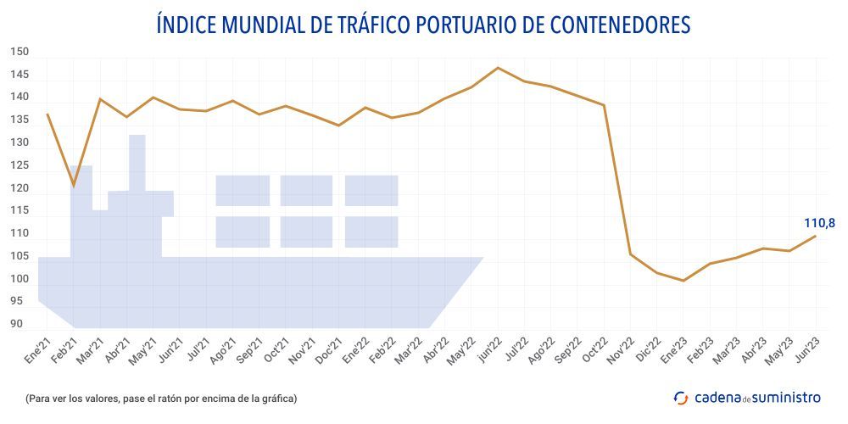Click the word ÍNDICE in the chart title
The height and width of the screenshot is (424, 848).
coord(187,25)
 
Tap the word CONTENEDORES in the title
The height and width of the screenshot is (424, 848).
coord(622,25)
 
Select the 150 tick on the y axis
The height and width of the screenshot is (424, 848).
coord(20,53)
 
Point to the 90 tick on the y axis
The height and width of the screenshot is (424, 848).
coord(17,324)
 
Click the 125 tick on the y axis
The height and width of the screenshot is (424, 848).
coord(20,165)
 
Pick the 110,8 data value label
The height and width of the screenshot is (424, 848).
coord(819,223)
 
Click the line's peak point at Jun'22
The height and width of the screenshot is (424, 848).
coord(498,68)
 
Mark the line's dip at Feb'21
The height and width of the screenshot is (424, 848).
coord(74,186)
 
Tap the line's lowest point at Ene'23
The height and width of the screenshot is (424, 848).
coord(683,281)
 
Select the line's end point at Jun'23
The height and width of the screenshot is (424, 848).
coord(816,236)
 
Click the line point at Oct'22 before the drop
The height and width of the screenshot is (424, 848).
coord(604,105)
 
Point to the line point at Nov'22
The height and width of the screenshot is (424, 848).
coord(630,254)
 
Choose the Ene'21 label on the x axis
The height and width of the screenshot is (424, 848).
coord(37,349)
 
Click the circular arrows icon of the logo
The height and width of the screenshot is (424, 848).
coord(681,398)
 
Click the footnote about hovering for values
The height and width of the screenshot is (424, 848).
coord(161,398)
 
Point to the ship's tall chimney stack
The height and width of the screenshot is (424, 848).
coord(137,161)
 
